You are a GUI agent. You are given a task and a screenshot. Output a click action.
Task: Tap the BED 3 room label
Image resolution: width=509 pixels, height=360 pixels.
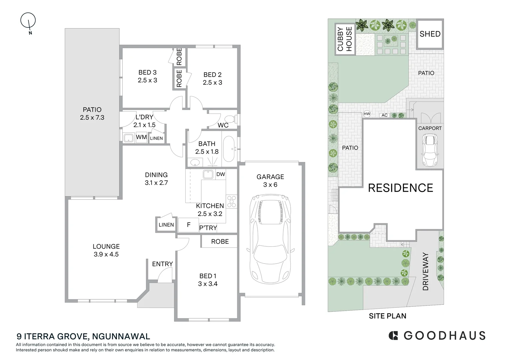point(147,76)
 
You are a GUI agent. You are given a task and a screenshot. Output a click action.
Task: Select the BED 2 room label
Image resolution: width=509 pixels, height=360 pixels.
point(212,79)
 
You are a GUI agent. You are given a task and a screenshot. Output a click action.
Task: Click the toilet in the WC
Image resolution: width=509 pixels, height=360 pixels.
point(230,119)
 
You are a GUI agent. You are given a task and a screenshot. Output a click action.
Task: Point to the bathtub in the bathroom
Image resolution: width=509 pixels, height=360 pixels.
point(229,149)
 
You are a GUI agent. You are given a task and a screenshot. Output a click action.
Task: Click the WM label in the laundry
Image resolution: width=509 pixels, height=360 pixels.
point(141,137)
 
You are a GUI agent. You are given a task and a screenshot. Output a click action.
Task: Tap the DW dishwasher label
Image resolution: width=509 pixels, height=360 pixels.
point(221,174)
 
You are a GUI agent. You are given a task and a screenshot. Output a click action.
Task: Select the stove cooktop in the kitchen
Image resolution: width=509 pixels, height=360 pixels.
point(231,201)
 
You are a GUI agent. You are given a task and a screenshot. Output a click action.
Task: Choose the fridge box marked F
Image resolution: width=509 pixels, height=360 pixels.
point(188,225)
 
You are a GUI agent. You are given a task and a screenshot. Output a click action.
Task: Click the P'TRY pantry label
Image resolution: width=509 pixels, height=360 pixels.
point(208,228)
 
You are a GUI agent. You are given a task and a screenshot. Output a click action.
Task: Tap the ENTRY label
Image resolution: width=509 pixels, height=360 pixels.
point(162,264)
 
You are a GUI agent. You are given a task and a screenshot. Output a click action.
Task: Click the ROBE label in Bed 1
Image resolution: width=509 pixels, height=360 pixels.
point(220,241)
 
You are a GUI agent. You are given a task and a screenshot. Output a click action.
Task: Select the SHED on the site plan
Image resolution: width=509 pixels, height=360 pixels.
point(430,34)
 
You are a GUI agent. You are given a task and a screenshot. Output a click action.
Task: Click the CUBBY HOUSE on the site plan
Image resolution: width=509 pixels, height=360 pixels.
point(345,39)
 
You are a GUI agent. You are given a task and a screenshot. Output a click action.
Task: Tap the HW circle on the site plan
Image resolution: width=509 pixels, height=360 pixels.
point(367,114)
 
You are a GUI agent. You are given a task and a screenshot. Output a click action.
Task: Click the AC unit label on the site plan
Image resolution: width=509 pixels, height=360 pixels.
point(385,115)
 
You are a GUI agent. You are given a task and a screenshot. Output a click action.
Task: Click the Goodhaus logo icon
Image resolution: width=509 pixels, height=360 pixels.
point(394,335)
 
